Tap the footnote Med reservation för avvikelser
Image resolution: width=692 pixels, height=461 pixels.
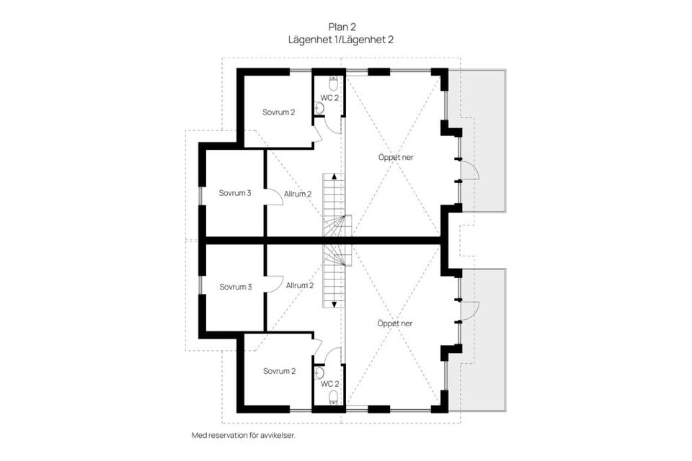click(244, 436)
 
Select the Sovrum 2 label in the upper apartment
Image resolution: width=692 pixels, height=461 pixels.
click(279, 112)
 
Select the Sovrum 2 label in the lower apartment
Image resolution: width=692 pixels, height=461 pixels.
click(279, 371)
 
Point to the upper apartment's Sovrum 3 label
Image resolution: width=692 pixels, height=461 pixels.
click(235, 192)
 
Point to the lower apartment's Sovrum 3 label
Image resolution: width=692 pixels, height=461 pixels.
click(235, 287)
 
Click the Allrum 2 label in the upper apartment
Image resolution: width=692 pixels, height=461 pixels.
click(298, 194)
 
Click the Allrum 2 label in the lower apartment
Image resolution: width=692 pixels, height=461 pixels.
click(300, 285)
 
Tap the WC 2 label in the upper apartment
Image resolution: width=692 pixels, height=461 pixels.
click(329, 97)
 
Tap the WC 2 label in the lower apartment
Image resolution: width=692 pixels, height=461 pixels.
click(329, 383)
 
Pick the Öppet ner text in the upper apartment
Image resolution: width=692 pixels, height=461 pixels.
click(395, 156)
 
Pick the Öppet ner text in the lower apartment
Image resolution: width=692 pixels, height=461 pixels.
click(395, 323)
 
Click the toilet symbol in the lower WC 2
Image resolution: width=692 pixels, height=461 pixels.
click(333, 398)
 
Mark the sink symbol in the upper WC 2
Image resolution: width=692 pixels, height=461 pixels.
click(320, 108)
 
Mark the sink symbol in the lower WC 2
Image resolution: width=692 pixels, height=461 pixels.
click(320, 373)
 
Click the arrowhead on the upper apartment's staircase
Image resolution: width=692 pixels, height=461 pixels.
click(334, 177)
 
